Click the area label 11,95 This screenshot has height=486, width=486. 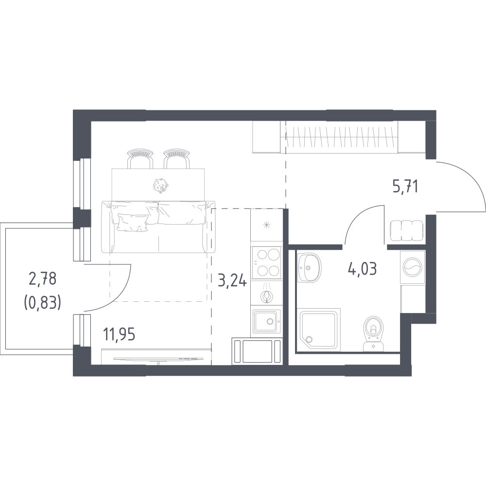click(x=120, y=335)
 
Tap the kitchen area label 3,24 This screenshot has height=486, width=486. click(x=233, y=282)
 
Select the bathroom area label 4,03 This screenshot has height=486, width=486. click(x=363, y=269)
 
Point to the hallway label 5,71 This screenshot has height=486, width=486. click(x=405, y=187)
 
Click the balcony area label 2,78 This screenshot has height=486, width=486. click(x=42, y=278)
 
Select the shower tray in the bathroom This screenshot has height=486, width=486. click(x=319, y=330)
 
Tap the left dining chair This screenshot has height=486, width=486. click(x=140, y=158)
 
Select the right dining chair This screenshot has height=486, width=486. click(x=176, y=158)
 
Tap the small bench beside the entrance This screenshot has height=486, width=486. click(x=406, y=231)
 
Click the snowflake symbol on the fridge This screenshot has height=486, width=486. click(x=266, y=225)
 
